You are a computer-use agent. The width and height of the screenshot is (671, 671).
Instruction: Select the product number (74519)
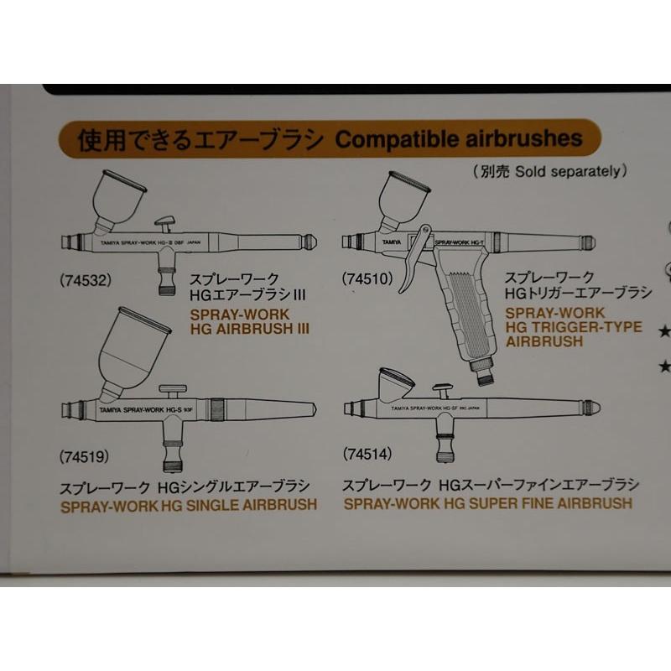click(x=85, y=457)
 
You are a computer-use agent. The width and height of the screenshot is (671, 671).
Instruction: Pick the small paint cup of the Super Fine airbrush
click(x=396, y=383)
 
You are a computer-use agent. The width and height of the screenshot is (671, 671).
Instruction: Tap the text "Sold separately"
click(x=570, y=171)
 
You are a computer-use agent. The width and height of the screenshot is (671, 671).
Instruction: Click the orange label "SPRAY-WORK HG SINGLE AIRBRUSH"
click(x=189, y=505)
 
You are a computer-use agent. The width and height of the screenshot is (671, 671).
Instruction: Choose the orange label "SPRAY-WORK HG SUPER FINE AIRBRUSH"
click(x=487, y=504)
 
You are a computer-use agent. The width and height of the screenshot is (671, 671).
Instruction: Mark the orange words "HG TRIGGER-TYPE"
click(x=575, y=327)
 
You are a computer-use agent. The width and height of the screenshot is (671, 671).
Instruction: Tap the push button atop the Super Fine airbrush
click(x=442, y=391)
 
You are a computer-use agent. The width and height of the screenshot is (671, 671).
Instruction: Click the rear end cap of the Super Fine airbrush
click(x=591, y=408)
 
